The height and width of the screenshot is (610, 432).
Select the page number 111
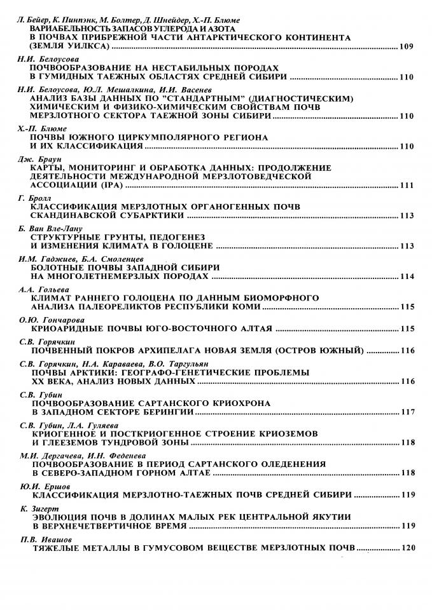click(407, 187)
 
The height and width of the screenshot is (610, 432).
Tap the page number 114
click(407, 277)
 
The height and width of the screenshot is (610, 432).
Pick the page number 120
click(407, 546)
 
